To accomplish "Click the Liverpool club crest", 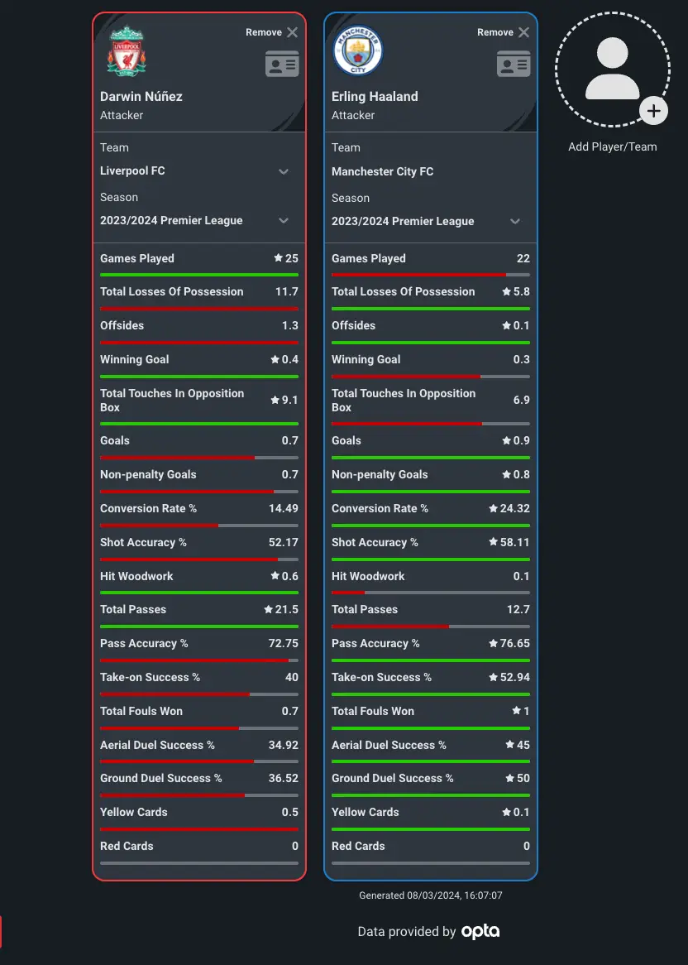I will point(127,51).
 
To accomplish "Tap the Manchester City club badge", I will point(358,51).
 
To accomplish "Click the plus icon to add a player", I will point(653,110).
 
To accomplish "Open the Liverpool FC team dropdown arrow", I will point(284,171).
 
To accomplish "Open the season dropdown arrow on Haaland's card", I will point(515,221).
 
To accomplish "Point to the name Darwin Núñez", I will point(141,96).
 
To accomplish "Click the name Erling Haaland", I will point(375,96).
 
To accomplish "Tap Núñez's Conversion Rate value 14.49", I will point(284,508).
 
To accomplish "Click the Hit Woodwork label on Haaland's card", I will point(368,576).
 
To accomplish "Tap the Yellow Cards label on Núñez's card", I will point(134,812).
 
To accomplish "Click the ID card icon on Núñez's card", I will point(282,64).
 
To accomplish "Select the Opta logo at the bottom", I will point(480,931).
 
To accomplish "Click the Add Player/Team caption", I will point(613,146).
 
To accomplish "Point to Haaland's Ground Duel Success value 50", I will point(523,778).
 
